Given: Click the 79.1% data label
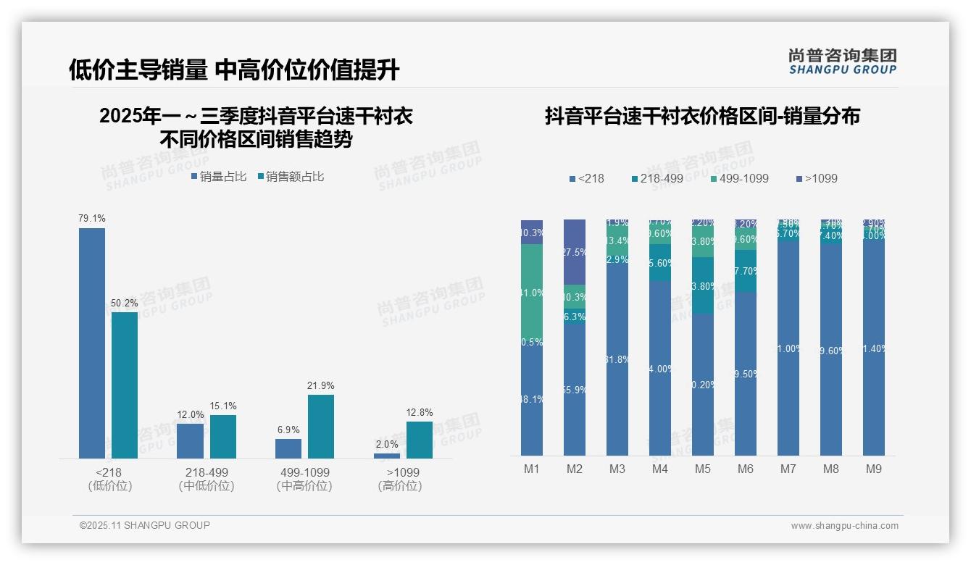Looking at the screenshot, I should tap(92, 218).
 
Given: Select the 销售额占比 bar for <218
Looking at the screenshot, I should tap(125, 385).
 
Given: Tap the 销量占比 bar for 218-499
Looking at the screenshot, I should tap(190, 440).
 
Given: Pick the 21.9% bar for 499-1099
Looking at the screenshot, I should tap(321, 426).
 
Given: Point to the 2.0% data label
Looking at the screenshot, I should tap(387, 444).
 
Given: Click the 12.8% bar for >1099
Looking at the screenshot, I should tap(419, 440).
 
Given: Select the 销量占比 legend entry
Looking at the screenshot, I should tap(219, 177).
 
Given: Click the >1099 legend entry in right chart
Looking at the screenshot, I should tap(817, 178).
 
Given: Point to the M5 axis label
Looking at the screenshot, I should tap(702, 469).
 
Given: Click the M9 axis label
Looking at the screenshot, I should tap(874, 469).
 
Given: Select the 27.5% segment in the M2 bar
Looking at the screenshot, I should tap(575, 251).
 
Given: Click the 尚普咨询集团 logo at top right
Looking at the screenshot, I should tap(843, 61).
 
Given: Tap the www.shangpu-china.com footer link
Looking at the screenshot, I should tap(844, 526).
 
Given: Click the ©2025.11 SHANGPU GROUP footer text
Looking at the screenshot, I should tap(145, 525).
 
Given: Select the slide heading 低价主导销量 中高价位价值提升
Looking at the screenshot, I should tap(234, 70).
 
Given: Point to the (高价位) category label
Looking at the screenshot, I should tap(400, 486).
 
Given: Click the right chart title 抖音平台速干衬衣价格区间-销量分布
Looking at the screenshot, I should tap(702, 116).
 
